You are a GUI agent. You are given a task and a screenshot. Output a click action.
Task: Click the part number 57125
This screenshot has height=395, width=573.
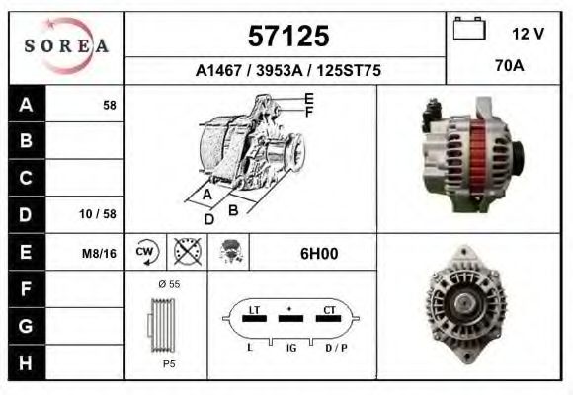286,37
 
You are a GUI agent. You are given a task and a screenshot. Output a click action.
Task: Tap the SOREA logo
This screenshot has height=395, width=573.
65,45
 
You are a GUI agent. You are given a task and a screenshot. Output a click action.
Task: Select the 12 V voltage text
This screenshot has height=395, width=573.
529,33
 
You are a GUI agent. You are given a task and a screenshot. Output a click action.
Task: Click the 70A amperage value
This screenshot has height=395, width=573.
509,68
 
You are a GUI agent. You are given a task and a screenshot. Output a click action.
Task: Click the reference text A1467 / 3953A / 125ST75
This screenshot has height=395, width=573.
287,71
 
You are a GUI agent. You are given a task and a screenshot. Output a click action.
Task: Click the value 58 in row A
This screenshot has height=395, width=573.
109,105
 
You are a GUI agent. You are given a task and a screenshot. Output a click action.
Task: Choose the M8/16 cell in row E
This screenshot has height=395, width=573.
100,254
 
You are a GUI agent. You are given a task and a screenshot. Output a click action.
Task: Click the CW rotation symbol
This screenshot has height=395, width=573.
145,253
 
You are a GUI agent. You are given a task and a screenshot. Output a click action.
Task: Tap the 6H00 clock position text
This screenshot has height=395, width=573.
319,254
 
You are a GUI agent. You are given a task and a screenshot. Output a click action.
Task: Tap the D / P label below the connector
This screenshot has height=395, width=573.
337,349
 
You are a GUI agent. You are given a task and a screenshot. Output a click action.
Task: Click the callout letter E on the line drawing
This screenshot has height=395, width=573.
309,98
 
